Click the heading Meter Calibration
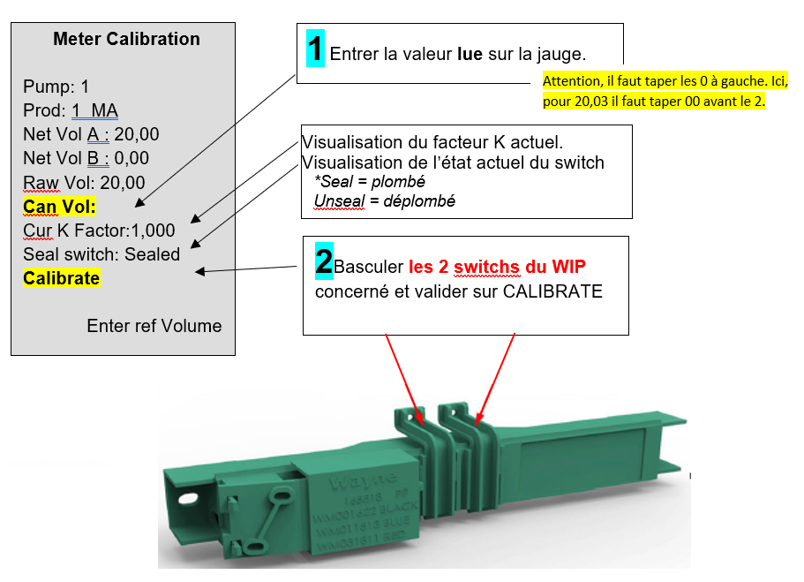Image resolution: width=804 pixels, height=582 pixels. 126,40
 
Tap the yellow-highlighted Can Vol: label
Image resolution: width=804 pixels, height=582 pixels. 59,207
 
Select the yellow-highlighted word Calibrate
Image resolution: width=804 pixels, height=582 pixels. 61,278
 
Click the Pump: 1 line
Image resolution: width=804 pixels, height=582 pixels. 56,87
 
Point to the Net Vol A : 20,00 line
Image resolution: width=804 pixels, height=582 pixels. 91,134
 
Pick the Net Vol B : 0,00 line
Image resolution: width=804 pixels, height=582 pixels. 86,158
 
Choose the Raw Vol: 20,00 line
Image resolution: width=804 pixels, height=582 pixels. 84,183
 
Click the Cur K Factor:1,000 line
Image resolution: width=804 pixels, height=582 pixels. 99,231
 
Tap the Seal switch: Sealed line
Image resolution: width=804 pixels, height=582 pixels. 101,254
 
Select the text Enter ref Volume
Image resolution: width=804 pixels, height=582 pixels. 154,326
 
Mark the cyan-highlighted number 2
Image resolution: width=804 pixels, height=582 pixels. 324,259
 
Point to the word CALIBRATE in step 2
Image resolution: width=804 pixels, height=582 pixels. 552,291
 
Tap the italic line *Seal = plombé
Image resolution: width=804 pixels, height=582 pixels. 370,181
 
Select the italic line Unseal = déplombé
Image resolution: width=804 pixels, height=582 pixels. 384,201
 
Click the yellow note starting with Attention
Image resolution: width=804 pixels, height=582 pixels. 665,91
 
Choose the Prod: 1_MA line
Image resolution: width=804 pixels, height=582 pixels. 71,110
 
